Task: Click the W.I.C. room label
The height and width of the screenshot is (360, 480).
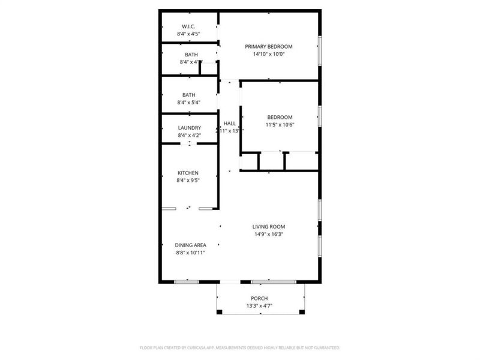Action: tap(188, 26)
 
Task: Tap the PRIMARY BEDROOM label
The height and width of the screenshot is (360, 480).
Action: tap(268, 46)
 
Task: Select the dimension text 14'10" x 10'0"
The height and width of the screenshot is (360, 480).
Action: tap(268, 54)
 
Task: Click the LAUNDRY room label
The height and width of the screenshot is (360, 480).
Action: tap(189, 128)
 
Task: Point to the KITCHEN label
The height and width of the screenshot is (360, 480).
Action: tap(188, 173)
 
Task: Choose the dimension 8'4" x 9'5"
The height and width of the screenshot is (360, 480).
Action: tap(188, 180)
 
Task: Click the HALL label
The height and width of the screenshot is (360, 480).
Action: tap(230, 122)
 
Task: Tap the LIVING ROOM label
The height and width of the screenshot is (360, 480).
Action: tap(268, 226)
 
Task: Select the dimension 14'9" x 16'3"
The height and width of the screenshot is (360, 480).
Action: tap(268, 234)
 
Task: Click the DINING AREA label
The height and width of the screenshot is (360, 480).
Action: tap(191, 245)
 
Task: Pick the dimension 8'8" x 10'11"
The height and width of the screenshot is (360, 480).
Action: tap(191, 253)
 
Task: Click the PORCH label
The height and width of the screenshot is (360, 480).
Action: tap(259, 298)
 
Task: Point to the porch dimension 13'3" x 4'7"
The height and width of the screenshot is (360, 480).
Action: tap(259, 306)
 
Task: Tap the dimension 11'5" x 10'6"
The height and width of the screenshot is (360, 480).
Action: tap(280, 125)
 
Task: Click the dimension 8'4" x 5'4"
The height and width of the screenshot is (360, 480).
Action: tap(188, 103)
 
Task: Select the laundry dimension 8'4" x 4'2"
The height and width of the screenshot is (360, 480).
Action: tap(188, 136)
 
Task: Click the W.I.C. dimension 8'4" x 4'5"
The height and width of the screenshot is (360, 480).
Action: tap(188, 34)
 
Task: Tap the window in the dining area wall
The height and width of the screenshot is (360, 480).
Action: tap(186, 281)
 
